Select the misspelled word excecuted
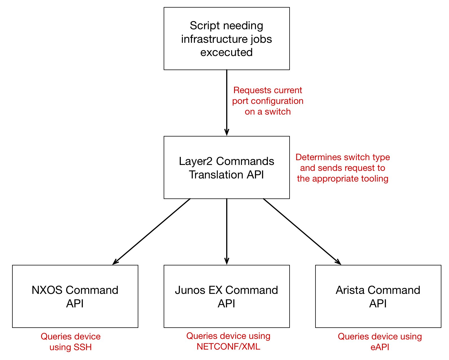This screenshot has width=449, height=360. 226,52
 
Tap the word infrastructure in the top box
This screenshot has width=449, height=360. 212,39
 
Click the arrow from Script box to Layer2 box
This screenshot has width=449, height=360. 227,103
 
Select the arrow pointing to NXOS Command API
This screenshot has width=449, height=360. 152,232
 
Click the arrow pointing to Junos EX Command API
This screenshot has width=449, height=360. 227,231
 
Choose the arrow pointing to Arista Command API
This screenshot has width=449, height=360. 302,232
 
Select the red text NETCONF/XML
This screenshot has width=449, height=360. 228,347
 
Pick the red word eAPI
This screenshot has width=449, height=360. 380,347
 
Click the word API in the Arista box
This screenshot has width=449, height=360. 378,304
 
